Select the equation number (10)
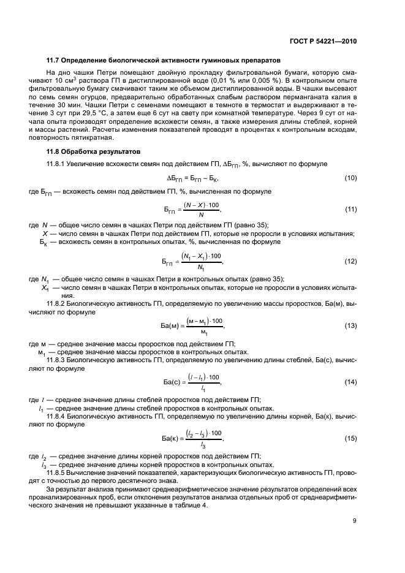(350, 178)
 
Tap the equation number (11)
(350, 210)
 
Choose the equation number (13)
(350, 325)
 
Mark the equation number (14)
(350, 382)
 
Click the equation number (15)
(350, 438)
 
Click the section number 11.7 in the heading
(53, 61)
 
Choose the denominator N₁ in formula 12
(200, 268)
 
